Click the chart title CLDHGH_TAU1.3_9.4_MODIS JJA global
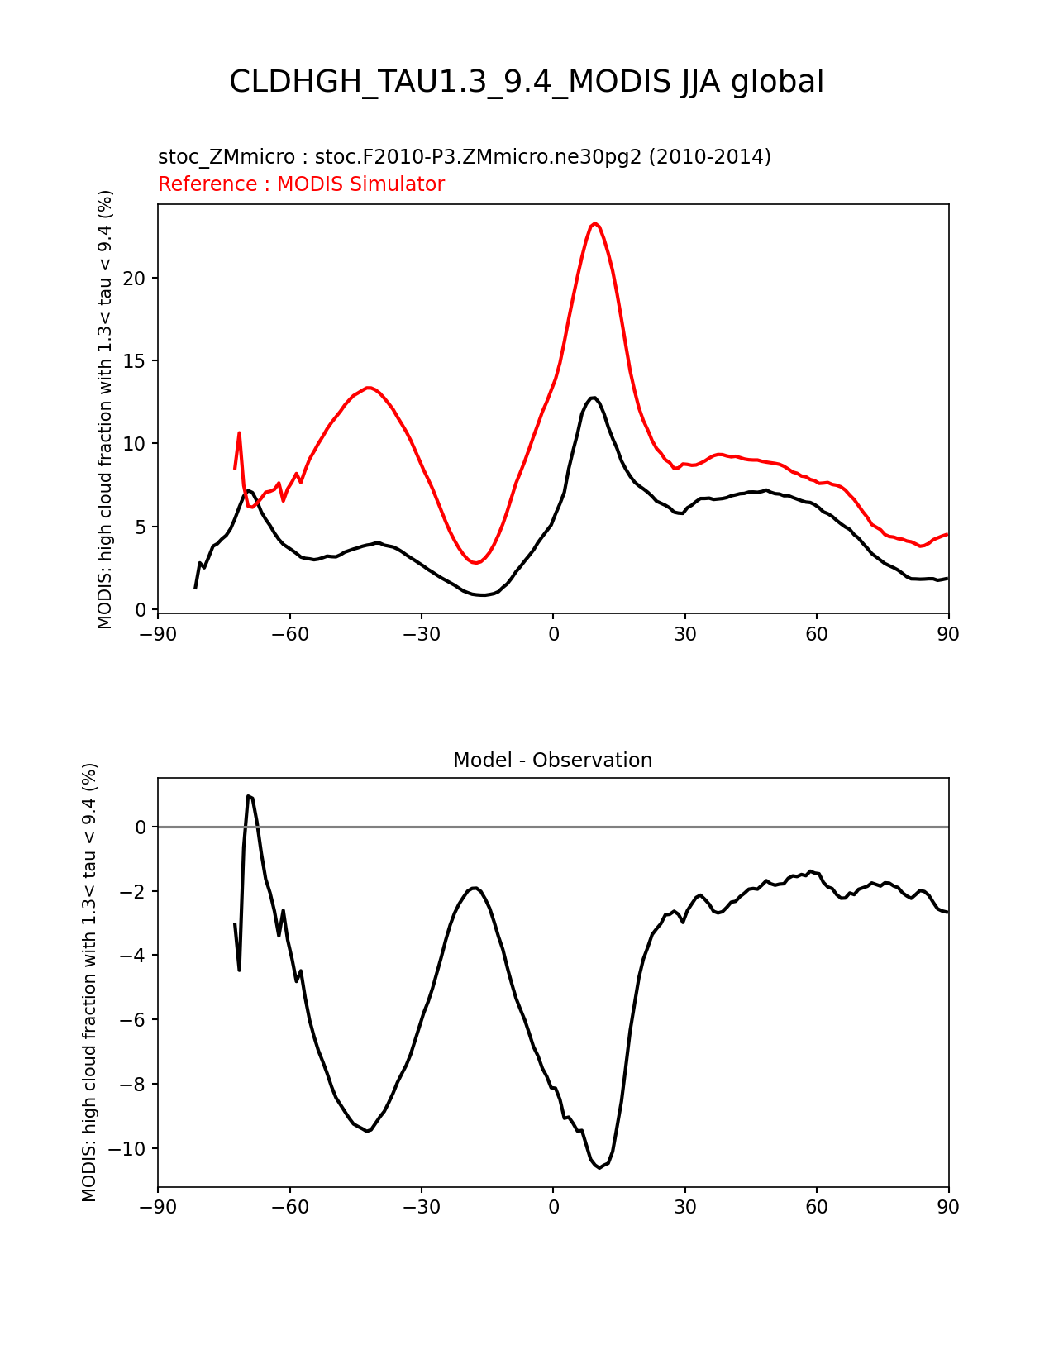tap(526, 82)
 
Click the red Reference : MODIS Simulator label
tap(302, 184)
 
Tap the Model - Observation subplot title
tap(552, 761)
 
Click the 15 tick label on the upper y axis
tap(135, 361)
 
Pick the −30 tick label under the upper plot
tap(422, 635)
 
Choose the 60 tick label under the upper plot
tap(817, 635)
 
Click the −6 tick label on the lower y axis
tap(133, 1020)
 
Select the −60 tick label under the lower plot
tap(289, 1207)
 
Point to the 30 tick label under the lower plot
tap(684, 1207)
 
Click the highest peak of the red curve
tap(594, 223)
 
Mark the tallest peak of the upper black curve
tap(594, 398)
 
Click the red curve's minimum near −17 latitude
tap(476, 562)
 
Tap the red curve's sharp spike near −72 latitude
tap(239, 433)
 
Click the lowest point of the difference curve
tap(599, 1167)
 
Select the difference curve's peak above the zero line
tap(249, 796)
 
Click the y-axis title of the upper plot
tap(105, 409)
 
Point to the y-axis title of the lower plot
tap(89, 982)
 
